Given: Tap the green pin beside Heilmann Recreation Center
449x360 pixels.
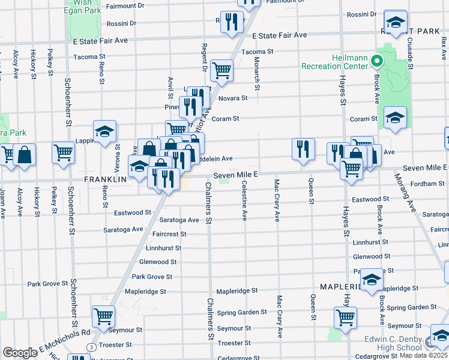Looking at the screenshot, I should point(376,61).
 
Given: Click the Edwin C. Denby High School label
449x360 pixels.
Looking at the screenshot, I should point(393,343).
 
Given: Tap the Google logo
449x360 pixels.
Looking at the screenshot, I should point(20,353).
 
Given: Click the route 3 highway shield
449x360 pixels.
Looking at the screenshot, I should point(91,347).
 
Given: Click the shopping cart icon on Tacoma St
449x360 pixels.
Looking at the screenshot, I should point(221,70).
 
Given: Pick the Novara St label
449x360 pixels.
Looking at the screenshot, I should point(232,98).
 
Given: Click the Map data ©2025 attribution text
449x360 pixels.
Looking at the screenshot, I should point(424,355).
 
